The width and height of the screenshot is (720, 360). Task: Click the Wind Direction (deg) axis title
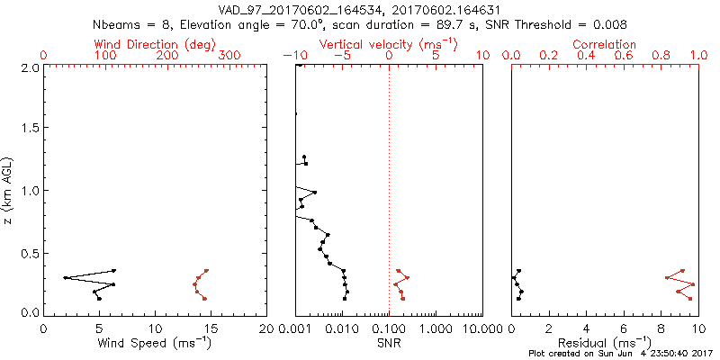[x=155, y=44]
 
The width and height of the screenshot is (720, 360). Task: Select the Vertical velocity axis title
[x=388, y=44]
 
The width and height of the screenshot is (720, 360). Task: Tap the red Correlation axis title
[x=605, y=44]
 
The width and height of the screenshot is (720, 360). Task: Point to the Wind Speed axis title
[x=155, y=342]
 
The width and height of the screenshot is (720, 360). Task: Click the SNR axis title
[x=389, y=342]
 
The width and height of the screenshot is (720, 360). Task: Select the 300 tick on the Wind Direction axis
[x=229, y=56]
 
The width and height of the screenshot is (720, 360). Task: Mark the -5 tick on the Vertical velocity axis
[x=342, y=56]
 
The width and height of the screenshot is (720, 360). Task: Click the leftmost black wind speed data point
[x=66, y=278]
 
